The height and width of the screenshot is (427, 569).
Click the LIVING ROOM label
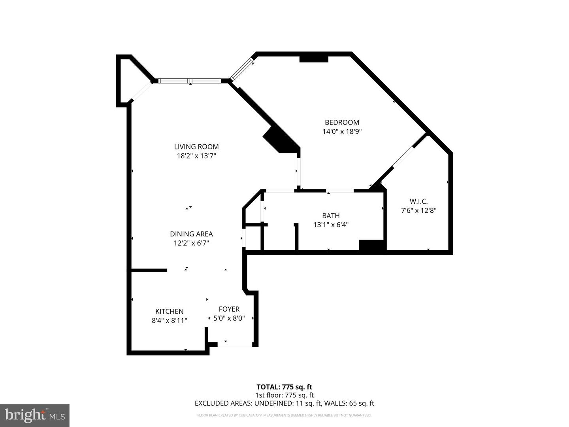(196, 147)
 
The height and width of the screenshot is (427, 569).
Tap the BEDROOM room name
(342, 123)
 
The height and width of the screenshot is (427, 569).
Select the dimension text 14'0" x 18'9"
(342, 132)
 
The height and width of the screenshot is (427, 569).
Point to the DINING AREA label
(191, 234)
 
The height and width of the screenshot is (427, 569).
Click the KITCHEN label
(169, 312)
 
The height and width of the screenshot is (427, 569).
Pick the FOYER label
(229, 309)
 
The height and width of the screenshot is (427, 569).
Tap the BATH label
(331, 216)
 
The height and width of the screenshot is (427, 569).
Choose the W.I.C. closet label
(418, 202)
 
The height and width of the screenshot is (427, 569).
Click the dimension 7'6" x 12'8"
(418, 211)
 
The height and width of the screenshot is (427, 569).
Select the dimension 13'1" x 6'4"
(331, 225)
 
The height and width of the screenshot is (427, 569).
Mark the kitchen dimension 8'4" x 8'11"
(169, 321)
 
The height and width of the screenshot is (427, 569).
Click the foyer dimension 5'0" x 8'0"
(229, 318)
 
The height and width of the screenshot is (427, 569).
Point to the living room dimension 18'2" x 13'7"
(196, 156)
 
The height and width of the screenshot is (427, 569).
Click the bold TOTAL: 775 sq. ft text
(284, 387)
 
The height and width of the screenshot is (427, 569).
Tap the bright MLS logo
(34, 415)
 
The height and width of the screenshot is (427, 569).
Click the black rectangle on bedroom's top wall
(314, 59)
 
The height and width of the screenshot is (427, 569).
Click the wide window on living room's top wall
(190, 81)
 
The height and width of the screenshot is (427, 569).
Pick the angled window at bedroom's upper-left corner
(242, 69)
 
